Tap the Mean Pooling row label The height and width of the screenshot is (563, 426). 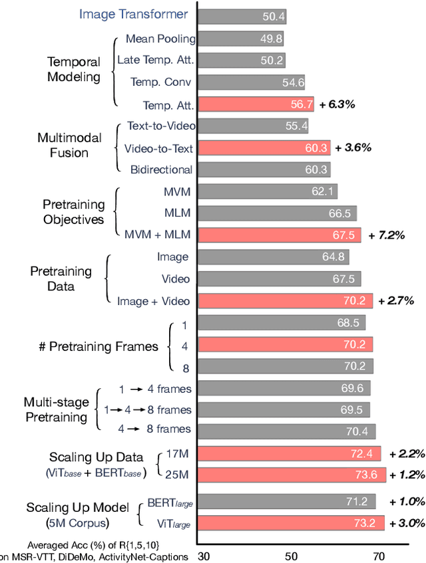[160, 39]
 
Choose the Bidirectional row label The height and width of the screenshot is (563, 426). [162, 169]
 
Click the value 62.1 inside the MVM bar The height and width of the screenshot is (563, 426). [321, 191]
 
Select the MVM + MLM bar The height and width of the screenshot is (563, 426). [280, 235]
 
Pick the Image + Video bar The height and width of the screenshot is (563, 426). [286, 300]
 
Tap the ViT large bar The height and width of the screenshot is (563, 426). [291, 522]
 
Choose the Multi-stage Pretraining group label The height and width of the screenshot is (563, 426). [56, 409]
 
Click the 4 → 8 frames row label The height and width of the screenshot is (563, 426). [155, 429]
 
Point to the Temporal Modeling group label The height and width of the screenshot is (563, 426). [74, 69]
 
